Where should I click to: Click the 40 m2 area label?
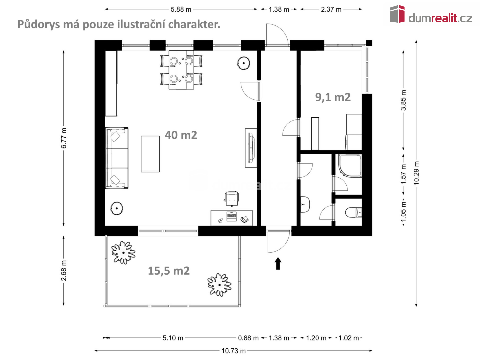click(181, 135)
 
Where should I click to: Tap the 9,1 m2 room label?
click(333, 97)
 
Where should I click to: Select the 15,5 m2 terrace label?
click(169, 271)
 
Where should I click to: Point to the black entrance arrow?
click(278, 263)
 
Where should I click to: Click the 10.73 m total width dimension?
click(233, 351)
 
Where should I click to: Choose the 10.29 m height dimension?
click(416, 173)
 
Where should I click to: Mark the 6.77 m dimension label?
click(64, 138)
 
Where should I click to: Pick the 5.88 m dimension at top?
click(181, 9)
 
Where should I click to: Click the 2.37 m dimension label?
click(331, 9)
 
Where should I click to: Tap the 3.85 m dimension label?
click(403, 100)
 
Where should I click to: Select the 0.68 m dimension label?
click(248, 338)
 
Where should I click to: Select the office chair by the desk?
click(231, 199)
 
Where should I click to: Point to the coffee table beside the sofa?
click(150, 154)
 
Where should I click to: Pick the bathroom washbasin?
click(305, 204)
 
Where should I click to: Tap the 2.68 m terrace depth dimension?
click(64, 270)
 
